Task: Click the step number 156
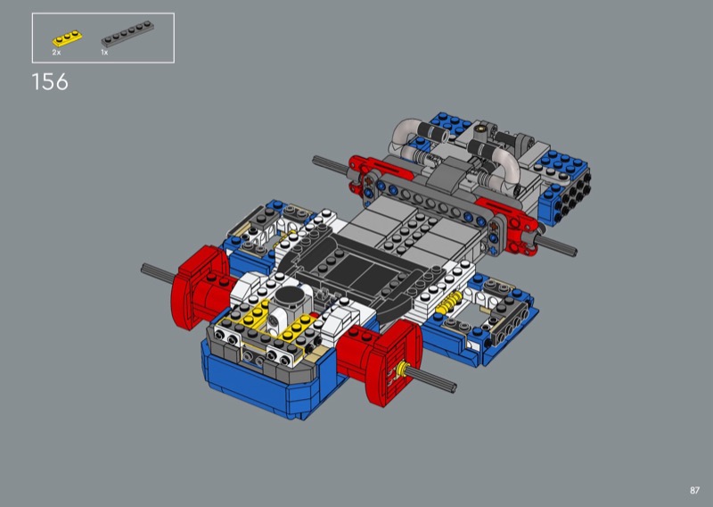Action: (x=50, y=82)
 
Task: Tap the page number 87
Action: (x=694, y=490)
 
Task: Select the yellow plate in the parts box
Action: (x=68, y=37)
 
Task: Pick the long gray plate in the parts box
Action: (x=127, y=34)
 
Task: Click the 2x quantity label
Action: (x=56, y=53)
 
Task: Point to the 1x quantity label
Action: (x=104, y=53)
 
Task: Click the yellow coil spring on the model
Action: (x=448, y=303)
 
